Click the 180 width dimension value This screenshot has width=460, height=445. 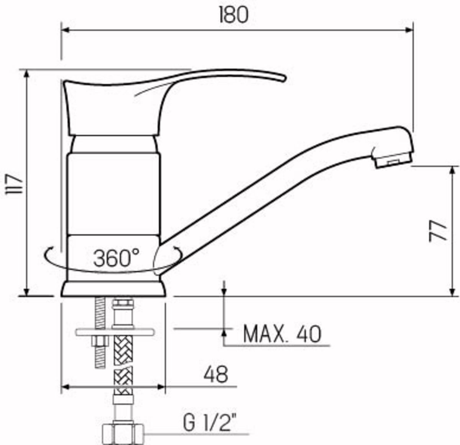click(234, 15)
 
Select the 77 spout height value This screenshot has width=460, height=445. click(438, 231)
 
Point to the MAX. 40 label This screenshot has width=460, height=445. click(282, 334)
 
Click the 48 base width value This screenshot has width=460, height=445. click(216, 375)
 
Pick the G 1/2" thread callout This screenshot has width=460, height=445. click(209, 423)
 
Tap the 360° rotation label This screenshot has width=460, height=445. click(116, 258)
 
